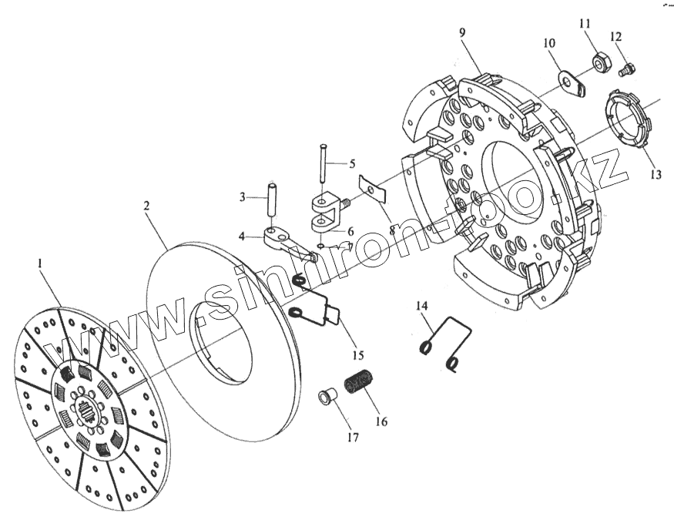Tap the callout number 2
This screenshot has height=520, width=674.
(146, 206)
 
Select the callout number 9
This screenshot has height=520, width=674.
(462, 33)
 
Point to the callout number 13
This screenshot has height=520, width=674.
(656, 175)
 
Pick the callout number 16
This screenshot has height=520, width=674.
(381, 421)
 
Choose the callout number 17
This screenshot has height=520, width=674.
(353, 438)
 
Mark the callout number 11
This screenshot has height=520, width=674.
(585, 23)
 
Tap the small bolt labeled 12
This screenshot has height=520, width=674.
(628, 69)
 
